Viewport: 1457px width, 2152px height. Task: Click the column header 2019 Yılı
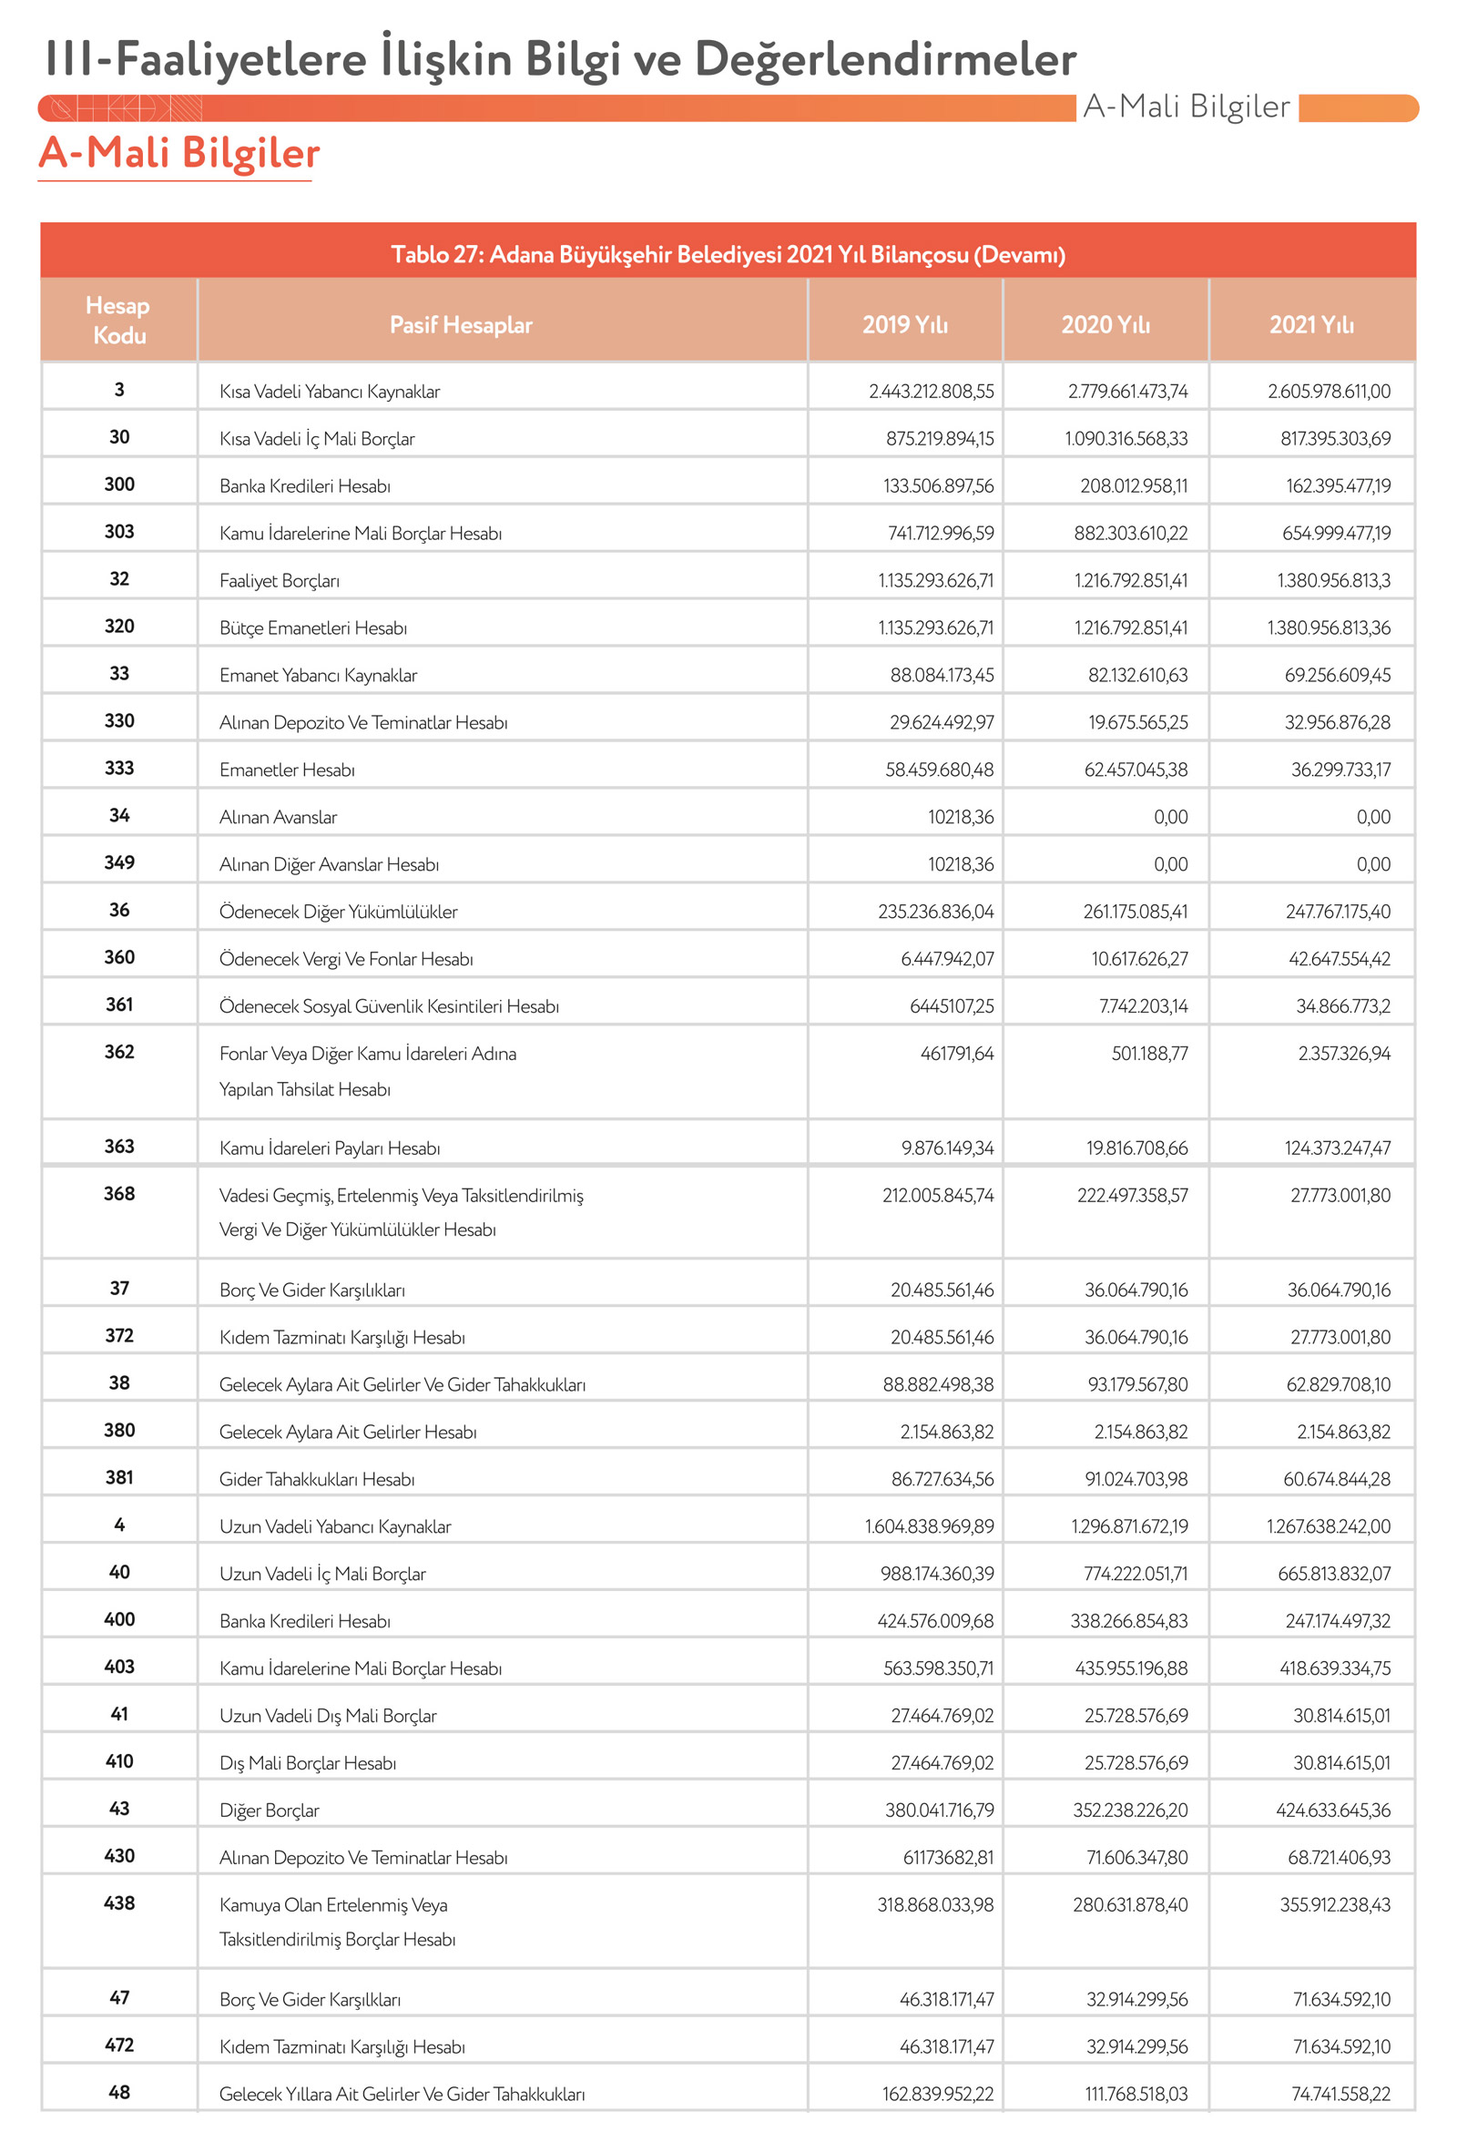904,325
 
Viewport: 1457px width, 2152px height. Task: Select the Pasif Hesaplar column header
460,325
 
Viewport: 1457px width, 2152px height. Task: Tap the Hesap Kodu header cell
118,321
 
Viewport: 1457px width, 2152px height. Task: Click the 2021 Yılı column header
1310,325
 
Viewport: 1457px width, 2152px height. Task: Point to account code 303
119,532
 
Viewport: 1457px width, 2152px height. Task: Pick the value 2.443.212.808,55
931,392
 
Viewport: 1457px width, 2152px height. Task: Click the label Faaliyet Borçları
280,581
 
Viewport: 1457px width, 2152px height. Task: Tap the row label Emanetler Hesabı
287,770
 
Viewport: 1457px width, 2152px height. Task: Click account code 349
119,863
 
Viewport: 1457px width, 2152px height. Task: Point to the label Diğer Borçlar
270,1810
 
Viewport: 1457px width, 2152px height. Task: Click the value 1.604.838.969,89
929,1526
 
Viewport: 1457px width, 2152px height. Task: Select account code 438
119,1902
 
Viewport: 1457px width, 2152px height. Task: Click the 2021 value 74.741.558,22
1340,2094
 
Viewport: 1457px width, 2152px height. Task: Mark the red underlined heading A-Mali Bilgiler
178,153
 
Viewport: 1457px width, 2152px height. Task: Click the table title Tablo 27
728,255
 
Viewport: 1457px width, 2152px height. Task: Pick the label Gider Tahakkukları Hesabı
317,1479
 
